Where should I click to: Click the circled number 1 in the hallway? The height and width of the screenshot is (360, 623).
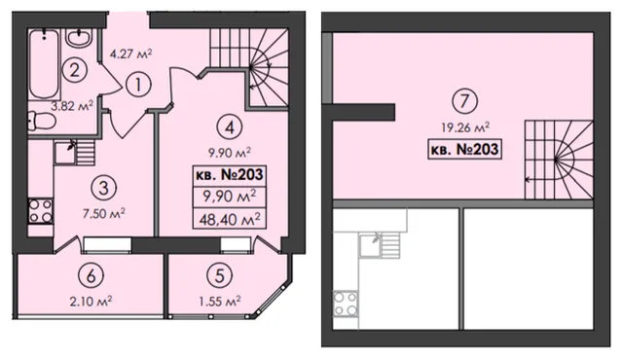click(138, 85)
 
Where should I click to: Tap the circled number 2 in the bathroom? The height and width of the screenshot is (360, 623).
click(74, 70)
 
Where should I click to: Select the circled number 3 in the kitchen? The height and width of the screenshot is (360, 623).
click(103, 188)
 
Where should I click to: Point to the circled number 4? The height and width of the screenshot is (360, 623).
click(230, 127)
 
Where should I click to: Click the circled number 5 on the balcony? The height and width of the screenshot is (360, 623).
click(219, 275)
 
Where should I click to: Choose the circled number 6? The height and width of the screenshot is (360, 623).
click(91, 275)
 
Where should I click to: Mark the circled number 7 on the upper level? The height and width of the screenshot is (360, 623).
click(465, 101)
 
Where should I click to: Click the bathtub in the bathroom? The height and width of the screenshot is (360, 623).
click(44, 64)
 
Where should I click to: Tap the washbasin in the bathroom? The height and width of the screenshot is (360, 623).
click(79, 38)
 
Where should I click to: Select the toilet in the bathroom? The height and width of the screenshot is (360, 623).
click(42, 121)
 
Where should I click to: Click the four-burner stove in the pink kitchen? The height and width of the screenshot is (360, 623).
click(40, 211)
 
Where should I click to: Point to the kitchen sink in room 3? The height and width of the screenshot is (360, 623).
click(65, 153)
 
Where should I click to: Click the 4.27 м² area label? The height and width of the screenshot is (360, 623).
click(131, 54)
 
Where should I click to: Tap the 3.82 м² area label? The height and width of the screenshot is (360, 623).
click(72, 106)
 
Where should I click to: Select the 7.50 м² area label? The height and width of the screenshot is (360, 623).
click(104, 213)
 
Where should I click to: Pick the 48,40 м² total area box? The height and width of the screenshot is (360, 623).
click(230, 218)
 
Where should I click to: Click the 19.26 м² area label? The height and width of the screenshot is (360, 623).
click(465, 127)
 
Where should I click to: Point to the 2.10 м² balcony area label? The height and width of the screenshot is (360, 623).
click(91, 302)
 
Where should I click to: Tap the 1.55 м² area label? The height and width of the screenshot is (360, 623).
click(220, 302)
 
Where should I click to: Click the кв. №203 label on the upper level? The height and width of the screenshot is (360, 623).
click(464, 149)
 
